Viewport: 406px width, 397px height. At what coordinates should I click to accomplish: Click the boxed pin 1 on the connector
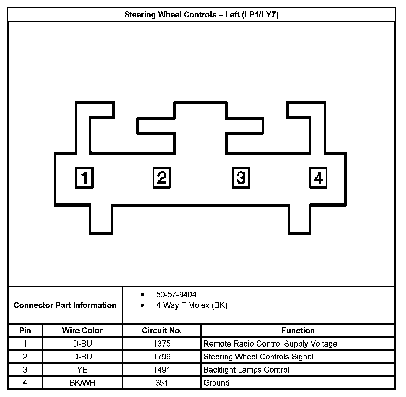point(84,178)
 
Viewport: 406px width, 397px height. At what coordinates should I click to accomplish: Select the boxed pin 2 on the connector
point(162,178)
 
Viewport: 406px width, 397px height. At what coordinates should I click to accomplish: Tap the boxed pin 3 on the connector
point(241,178)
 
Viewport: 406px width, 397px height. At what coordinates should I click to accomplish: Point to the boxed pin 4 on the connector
point(318,178)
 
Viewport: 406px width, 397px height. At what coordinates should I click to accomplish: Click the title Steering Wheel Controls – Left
point(201,15)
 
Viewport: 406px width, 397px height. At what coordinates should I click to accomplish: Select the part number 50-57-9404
point(176,295)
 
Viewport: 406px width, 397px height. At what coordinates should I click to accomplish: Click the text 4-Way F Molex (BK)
point(192,305)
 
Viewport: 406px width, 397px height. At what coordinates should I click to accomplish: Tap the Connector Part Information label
point(65,305)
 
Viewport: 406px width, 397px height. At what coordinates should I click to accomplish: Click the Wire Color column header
point(82,331)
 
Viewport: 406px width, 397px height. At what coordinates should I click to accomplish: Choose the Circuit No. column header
point(162,331)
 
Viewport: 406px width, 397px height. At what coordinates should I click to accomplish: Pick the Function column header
point(298,331)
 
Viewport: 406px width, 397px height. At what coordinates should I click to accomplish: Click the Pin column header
point(25,331)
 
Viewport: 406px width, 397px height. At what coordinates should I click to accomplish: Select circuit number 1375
point(162,344)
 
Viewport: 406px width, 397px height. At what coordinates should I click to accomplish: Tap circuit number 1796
point(162,357)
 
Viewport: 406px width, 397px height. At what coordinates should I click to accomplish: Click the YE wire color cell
point(82,370)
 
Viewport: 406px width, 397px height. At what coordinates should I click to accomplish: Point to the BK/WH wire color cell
point(82,383)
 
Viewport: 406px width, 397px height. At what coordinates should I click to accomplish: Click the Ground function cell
point(216,383)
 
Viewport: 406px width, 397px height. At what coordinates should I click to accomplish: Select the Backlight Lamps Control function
point(246,370)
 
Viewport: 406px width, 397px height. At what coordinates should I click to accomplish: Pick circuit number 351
point(162,383)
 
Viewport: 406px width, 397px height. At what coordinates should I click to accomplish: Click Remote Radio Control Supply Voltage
point(270,344)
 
